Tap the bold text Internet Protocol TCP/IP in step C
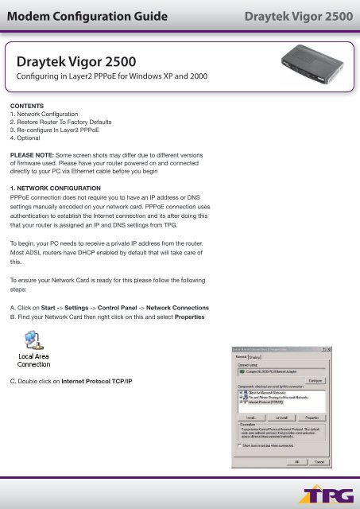[108, 382]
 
